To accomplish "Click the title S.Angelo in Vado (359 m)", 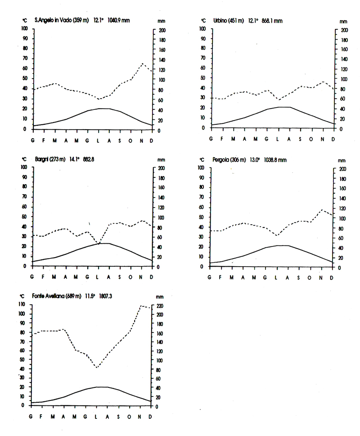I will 63,21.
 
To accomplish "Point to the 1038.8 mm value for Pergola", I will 274,159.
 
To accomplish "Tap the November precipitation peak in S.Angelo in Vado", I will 142,64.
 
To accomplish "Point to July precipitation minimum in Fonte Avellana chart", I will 96,368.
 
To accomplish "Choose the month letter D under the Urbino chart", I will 333,139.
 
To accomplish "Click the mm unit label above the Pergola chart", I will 343,160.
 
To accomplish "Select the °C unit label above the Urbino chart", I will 203,21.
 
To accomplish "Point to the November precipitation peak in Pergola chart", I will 321,210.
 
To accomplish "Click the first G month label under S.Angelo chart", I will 33,140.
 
